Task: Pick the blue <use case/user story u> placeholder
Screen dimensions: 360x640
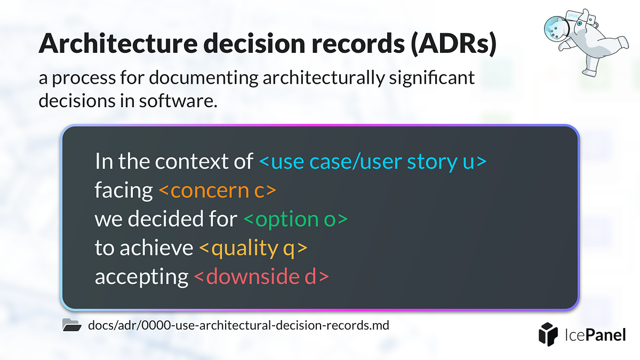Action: tap(373, 161)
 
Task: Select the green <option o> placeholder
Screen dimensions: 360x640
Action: tap(296, 219)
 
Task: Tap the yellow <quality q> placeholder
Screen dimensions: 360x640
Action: tap(253, 248)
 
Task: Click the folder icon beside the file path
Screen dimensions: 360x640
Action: tap(71, 325)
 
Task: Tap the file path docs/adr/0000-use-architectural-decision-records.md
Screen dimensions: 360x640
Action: tap(239, 325)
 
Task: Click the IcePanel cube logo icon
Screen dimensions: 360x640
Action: tap(548, 333)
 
